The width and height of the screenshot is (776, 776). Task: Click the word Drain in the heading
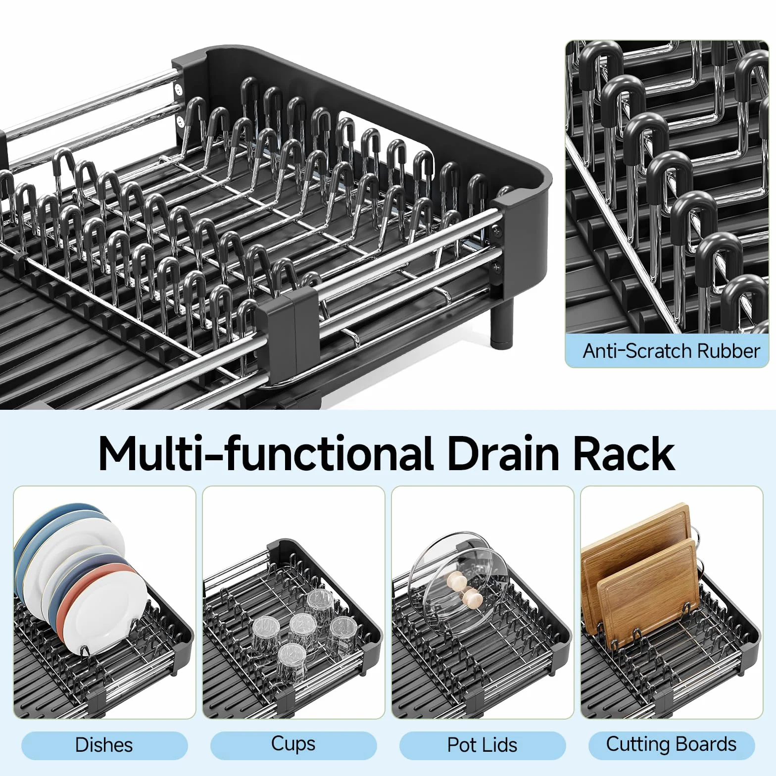tap(503, 453)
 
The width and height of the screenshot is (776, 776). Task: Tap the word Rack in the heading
tap(624, 453)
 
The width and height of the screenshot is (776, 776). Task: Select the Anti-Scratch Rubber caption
tap(671, 351)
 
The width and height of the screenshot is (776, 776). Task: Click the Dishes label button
tap(104, 745)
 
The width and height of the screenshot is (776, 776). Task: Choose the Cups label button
tap(293, 745)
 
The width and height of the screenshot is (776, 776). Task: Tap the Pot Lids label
tap(483, 745)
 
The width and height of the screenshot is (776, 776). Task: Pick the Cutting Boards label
tap(672, 745)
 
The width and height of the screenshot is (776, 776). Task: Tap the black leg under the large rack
tap(501, 322)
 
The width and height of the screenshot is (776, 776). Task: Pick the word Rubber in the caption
tap(728, 351)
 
